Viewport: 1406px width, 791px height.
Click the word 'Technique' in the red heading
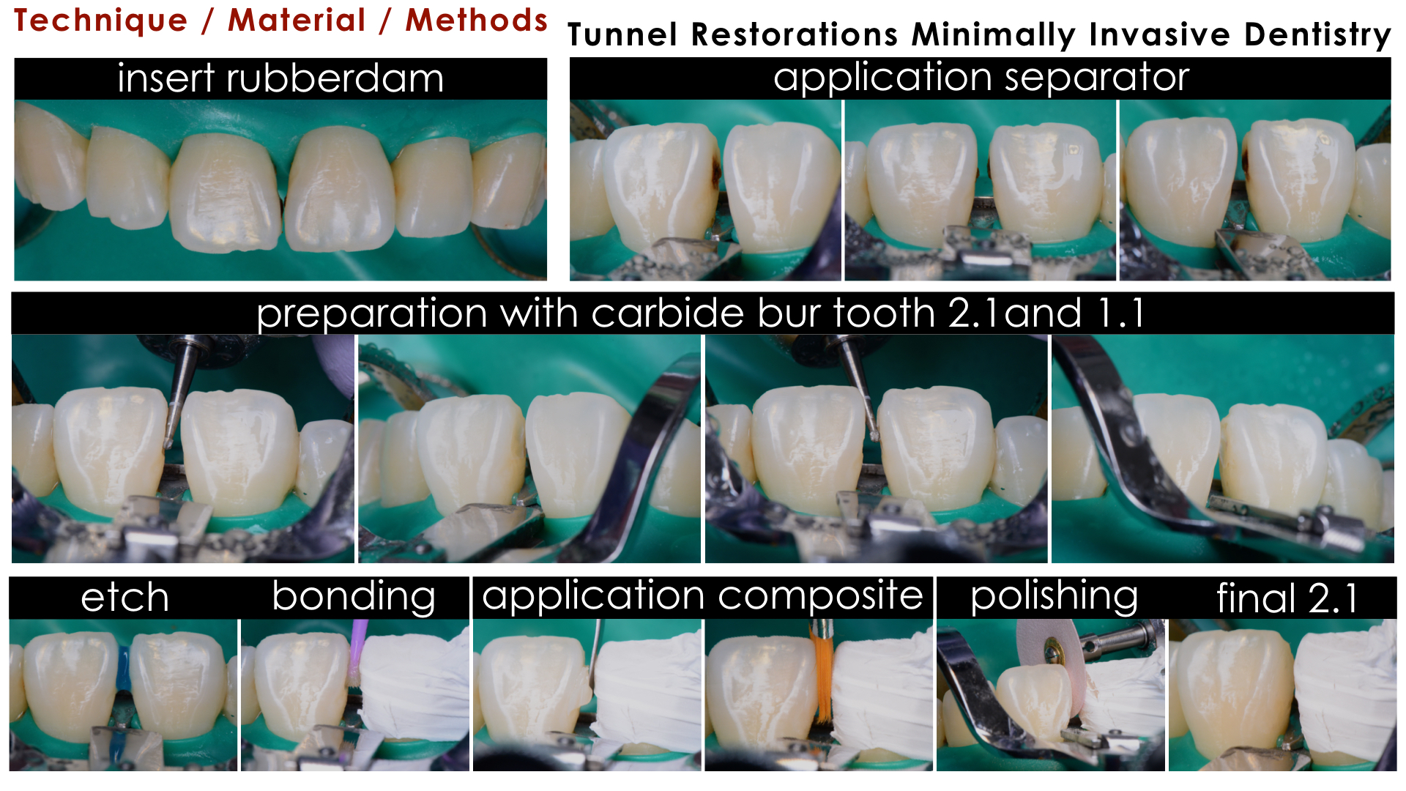pos(101,21)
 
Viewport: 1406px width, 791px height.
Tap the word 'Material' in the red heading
pos(297,21)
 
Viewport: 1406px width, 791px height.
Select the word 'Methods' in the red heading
pos(477,21)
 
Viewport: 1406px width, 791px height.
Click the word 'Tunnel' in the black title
pos(622,34)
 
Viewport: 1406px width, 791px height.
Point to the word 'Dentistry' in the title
pos(1317,35)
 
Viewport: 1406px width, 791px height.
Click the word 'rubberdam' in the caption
pos(335,78)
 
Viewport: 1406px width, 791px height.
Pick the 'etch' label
pos(124,598)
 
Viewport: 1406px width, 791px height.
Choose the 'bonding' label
pos(354,597)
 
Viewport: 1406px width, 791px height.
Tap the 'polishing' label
pos(1054,597)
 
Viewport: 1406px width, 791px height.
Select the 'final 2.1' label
pos(1287,598)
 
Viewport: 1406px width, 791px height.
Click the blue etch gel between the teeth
pos(122,670)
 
